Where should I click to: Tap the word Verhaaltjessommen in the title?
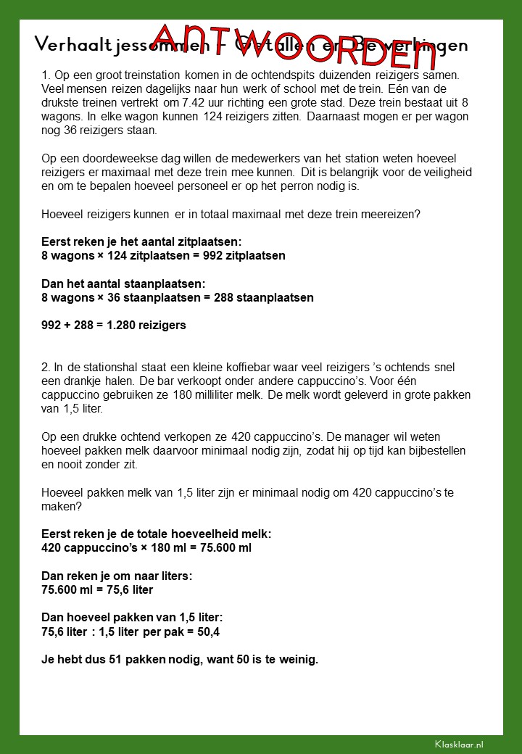pyautogui.click(x=91, y=45)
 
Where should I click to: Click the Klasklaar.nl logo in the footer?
pyautogui.click(x=459, y=744)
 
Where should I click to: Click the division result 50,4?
pyautogui.click(x=210, y=631)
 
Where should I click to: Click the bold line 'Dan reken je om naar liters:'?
pyautogui.click(x=116, y=576)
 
